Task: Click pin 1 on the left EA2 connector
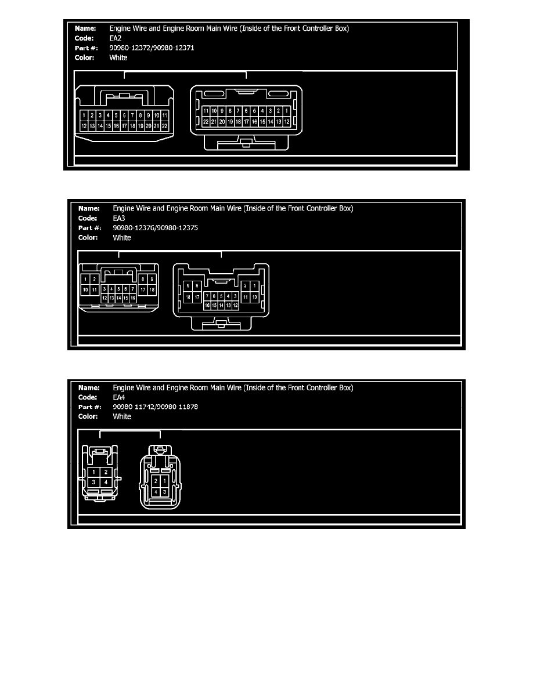pyautogui.click(x=84, y=115)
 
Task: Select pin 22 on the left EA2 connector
pyautogui.click(x=165, y=125)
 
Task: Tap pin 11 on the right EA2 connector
pyautogui.click(x=206, y=111)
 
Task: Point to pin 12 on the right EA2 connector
pyautogui.click(x=287, y=122)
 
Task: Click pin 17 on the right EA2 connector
pyautogui.click(x=246, y=122)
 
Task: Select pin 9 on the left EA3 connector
pyautogui.click(x=152, y=280)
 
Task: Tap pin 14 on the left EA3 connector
pyautogui.click(x=119, y=298)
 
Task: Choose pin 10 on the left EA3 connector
pyautogui.click(x=86, y=289)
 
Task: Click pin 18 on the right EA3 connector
pyautogui.click(x=188, y=296)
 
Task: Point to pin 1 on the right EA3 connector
pyautogui.click(x=254, y=286)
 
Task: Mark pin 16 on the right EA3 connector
pyautogui.click(x=207, y=305)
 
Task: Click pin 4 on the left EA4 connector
pyautogui.click(x=106, y=482)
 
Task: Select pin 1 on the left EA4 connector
pyautogui.click(x=94, y=472)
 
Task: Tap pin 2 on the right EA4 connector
pyautogui.click(x=156, y=481)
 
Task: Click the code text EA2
pyautogui.click(x=115, y=38)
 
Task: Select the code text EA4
pyautogui.click(x=118, y=397)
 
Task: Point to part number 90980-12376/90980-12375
pyautogui.click(x=155, y=228)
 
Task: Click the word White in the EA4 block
pyautogui.click(x=122, y=416)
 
